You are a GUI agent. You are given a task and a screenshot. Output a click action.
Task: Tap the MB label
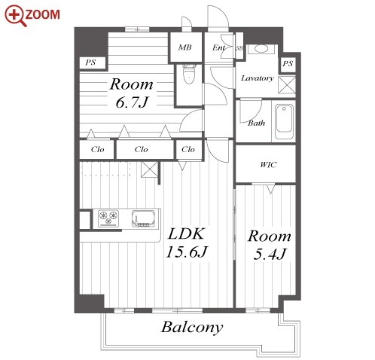click(x=184, y=47)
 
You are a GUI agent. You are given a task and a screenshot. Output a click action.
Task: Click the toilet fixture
click(x=189, y=73)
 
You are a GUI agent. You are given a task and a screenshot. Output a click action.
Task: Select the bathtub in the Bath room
click(x=284, y=121)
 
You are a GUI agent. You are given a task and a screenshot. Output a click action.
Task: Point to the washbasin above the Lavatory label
click(x=261, y=49)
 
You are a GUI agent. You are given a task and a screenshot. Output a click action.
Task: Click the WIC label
click(x=268, y=165)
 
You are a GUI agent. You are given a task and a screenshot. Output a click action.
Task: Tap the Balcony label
click(x=192, y=328)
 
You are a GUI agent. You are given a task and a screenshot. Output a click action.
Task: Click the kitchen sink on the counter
click(x=144, y=218)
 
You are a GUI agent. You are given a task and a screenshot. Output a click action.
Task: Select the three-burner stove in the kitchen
click(x=108, y=218)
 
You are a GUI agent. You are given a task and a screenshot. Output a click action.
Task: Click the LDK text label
click(x=186, y=233)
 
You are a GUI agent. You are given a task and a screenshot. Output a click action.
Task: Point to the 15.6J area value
click(x=187, y=252)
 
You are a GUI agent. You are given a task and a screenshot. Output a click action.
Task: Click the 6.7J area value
click(x=133, y=102)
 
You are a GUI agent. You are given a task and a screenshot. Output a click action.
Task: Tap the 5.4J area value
click(x=270, y=254)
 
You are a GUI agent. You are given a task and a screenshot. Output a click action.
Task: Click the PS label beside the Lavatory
click(x=288, y=63)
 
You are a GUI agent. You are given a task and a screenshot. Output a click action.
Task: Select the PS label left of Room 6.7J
click(x=90, y=63)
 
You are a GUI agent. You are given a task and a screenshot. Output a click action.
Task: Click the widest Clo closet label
click(x=141, y=150)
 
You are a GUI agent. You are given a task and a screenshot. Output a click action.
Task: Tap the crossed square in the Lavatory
click(x=287, y=85)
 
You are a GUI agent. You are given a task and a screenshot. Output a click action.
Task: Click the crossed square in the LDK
click(x=150, y=169)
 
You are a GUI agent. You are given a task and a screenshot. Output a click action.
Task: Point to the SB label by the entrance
click(x=239, y=48)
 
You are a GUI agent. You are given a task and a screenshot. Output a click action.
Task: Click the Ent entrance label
click(x=218, y=47)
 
